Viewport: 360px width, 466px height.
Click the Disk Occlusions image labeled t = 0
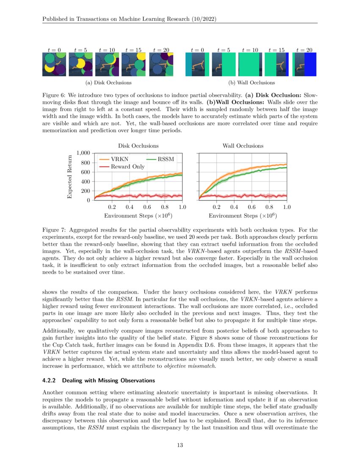[54, 65]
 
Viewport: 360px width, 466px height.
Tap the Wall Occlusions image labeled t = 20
[304, 65]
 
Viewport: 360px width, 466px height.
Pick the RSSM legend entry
[166, 159]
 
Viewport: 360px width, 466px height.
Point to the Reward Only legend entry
[127, 166]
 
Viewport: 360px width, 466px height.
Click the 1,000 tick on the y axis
[83, 153]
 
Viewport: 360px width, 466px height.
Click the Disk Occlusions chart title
[138, 146]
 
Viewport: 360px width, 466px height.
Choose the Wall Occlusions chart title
[243, 146]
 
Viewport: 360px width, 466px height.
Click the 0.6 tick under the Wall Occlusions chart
[252, 208]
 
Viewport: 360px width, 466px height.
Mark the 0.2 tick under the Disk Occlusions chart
[112, 208]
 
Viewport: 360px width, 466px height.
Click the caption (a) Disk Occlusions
[108, 83]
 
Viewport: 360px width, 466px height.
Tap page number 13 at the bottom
[180, 445]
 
